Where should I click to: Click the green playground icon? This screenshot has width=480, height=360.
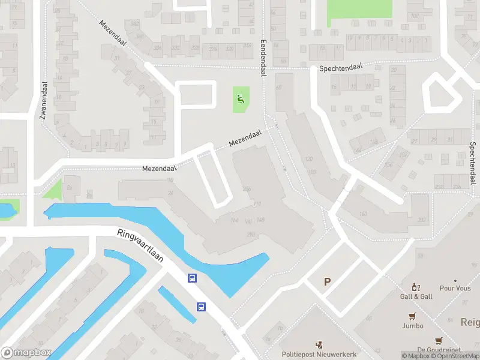[241, 99]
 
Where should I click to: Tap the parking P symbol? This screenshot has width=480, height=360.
[328, 281]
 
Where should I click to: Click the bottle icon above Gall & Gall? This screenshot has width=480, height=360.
[414, 287]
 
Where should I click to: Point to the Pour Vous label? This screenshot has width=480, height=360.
[455, 289]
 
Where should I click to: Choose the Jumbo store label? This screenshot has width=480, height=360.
[413, 326]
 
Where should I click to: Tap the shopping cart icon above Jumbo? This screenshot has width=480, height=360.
[413, 316]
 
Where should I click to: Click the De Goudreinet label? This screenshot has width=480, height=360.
[439, 350]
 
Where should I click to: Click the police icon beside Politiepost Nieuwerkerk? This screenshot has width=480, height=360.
[319, 344]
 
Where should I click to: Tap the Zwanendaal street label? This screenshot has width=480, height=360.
[44, 100]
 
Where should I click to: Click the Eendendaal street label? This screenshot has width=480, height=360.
[263, 58]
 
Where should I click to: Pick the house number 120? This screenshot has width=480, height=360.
[310, 159]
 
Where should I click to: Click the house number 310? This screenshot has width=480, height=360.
[257, 204]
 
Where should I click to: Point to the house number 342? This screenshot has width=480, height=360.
[134, 23]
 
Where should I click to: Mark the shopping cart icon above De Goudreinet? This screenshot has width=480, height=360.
[439, 340]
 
